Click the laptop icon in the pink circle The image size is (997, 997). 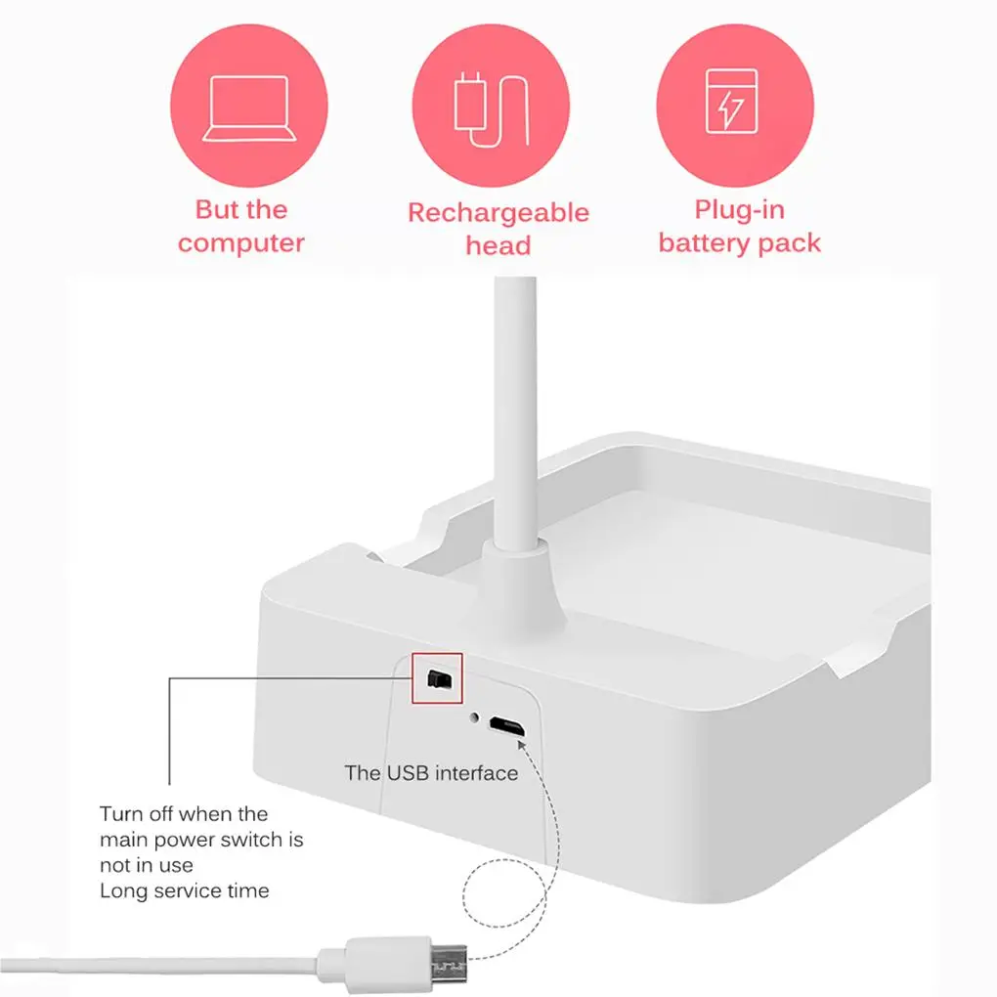point(248,108)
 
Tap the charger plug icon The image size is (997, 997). point(491,109)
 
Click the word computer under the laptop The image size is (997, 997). point(241,243)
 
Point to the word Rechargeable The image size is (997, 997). point(498,213)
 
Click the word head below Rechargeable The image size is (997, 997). point(498,245)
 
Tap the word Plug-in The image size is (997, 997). point(740,210)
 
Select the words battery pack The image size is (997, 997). point(740,243)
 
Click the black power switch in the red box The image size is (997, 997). point(437,677)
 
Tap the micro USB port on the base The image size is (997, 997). point(506,726)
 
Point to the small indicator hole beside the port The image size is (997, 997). point(475,718)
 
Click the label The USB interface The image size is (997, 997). point(431,773)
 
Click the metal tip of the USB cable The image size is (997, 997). point(449,963)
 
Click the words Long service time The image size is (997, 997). point(184,890)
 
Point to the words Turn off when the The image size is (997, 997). point(184,813)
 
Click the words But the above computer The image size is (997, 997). point(241,210)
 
